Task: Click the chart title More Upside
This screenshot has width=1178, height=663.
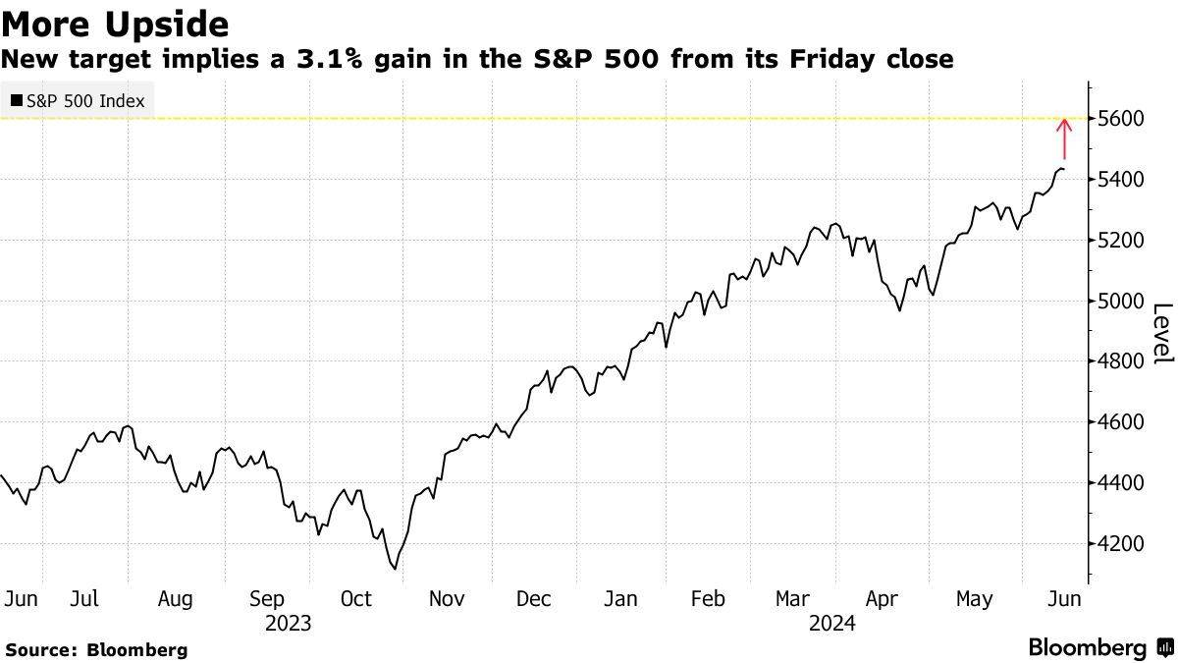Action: pos(115,24)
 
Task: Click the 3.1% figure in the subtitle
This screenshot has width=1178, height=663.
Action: pos(329,58)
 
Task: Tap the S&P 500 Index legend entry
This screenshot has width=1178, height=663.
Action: pos(78,100)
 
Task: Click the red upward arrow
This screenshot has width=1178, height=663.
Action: pos(1064,138)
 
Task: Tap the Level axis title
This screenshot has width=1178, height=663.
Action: pos(1163,334)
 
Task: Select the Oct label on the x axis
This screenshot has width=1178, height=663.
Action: pos(356,599)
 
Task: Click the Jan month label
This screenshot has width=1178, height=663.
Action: pos(620,599)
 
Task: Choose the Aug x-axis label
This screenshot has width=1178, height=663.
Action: pos(175,600)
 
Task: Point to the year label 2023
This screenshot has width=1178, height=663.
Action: pos(289,624)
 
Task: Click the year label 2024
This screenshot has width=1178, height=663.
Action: pos(832,624)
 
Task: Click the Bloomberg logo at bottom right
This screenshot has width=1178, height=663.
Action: pos(1102,647)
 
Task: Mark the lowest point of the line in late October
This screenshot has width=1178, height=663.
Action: pos(395,569)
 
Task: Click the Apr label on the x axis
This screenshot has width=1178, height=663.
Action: pos(882,600)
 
